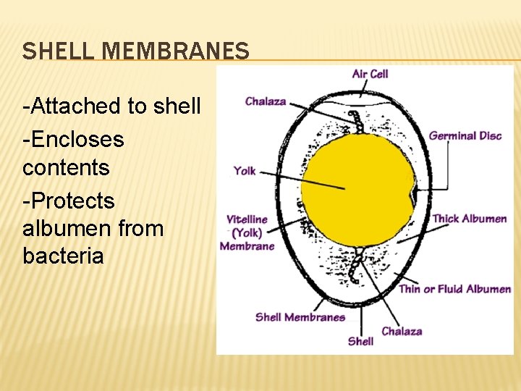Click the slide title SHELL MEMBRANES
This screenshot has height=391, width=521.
135,51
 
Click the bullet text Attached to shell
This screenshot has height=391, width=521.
111,106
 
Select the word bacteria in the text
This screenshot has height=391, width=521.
63,256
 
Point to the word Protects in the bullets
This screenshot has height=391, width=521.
69,200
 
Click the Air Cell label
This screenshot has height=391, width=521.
370,74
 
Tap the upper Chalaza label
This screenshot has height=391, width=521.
266,102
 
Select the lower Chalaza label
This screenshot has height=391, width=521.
402,331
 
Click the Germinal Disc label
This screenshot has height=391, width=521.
465,135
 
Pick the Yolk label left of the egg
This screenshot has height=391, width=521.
245,171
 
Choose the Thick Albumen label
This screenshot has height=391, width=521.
469,219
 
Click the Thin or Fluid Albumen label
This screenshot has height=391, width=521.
454,289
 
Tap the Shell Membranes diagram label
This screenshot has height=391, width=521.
300,316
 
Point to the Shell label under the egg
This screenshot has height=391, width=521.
360,340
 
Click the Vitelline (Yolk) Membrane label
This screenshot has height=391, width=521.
247,232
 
